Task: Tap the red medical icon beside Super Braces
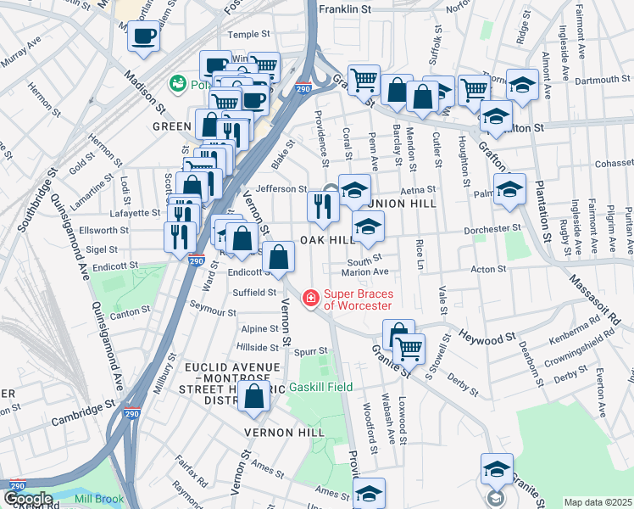[310, 299]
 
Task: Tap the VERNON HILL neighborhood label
[284, 433]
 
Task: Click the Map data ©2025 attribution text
[598, 502]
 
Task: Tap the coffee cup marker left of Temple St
[143, 37]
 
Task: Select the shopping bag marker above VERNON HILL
[254, 395]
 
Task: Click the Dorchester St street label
[492, 229]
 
